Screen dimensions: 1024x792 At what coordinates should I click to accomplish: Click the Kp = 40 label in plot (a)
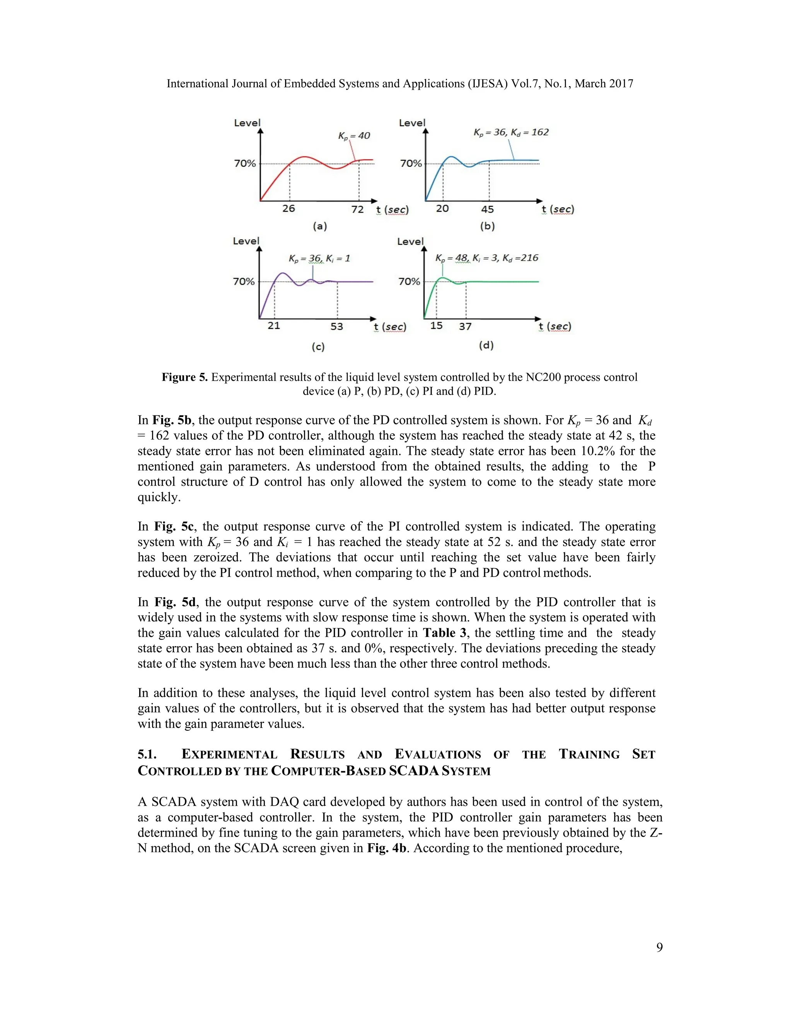[x=354, y=136]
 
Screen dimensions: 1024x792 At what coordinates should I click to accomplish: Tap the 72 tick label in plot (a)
[x=358, y=209]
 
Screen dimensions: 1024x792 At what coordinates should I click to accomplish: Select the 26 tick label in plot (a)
[x=288, y=209]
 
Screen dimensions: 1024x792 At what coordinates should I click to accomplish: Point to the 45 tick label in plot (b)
[x=488, y=209]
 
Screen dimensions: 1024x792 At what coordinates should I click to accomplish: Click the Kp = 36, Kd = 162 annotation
[x=511, y=133]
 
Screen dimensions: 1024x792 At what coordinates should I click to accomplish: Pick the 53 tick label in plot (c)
[x=337, y=327]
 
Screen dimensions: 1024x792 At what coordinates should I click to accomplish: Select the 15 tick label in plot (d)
[x=436, y=325]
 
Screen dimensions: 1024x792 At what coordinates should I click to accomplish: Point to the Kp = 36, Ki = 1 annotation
[x=319, y=259]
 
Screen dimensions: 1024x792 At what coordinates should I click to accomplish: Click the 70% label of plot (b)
[x=411, y=163]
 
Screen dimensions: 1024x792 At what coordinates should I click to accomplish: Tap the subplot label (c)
[x=318, y=347]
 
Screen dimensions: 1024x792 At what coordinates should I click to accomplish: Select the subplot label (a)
[x=319, y=226]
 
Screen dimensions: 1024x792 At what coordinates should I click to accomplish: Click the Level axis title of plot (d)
[x=410, y=242]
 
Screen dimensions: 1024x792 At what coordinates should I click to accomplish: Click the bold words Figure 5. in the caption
[x=184, y=378]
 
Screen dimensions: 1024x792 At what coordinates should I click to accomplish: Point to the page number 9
[x=659, y=947]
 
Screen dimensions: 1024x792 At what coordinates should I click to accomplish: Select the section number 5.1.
[x=147, y=754]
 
